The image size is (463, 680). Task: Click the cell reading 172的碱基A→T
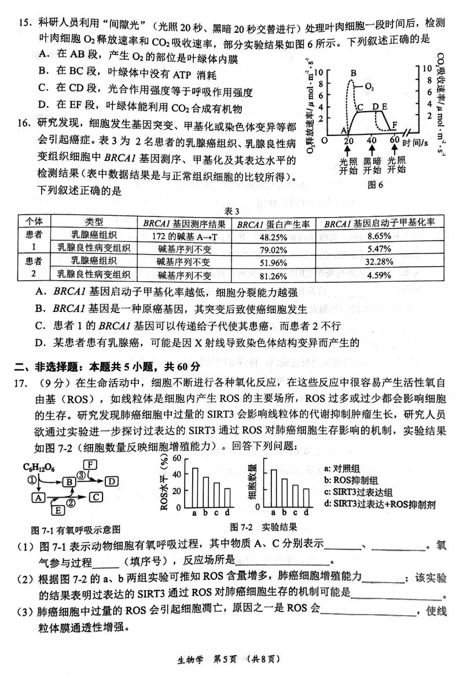(x=184, y=236)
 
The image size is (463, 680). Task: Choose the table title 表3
(x=231, y=211)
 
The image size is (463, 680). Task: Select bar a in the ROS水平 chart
(x=195, y=487)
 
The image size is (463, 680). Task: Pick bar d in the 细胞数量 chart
(x=306, y=497)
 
